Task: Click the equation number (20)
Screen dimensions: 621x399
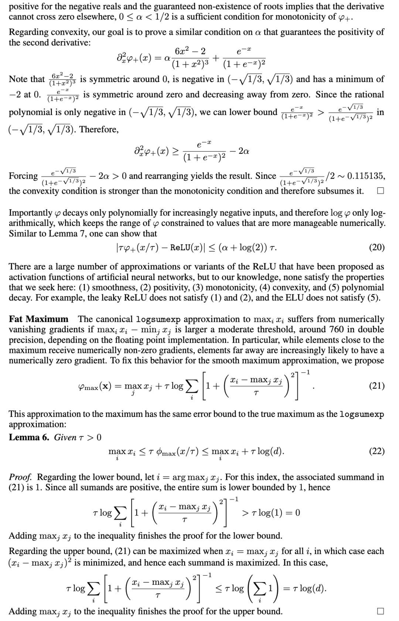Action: pyautogui.click(x=377, y=248)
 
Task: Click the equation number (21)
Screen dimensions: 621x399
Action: pyautogui.click(x=377, y=386)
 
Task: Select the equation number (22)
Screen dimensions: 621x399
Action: pyautogui.click(x=377, y=451)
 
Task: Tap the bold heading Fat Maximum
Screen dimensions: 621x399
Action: pyautogui.click(x=38, y=319)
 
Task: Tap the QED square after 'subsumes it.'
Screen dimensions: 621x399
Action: pyautogui.click(x=380, y=191)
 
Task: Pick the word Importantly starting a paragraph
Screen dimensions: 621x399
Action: pyautogui.click(x=30, y=213)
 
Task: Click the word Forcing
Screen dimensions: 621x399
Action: pyautogui.click(x=23, y=176)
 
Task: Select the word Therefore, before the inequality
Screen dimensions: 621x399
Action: pyautogui.click(x=99, y=129)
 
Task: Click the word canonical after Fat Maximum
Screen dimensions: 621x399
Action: pyautogui.click(x=113, y=319)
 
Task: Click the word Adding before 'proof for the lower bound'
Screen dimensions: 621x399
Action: pyautogui.click(x=23, y=536)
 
